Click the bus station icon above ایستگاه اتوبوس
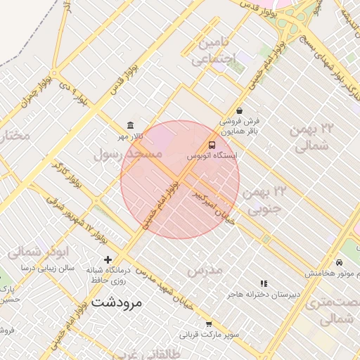[x=212, y=144]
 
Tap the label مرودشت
[x=117, y=303]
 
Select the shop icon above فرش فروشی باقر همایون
[x=240, y=110]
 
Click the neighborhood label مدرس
[x=205, y=269]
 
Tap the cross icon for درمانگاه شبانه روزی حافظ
[x=108, y=259]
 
